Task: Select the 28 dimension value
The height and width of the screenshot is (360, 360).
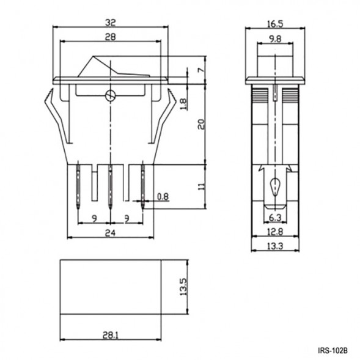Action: (110, 37)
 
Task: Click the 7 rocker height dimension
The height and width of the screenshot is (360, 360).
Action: (200, 71)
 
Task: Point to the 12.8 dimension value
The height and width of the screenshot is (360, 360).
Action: (274, 232)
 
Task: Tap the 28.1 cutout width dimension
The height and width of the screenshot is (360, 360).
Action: (110, 336)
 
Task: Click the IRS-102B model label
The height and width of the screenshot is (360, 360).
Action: (332, 351)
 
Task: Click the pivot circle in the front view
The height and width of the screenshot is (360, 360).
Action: (110, 95)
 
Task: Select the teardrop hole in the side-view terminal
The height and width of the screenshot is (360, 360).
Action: (274, 185)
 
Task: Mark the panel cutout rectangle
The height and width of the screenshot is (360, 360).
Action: (110, 287)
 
